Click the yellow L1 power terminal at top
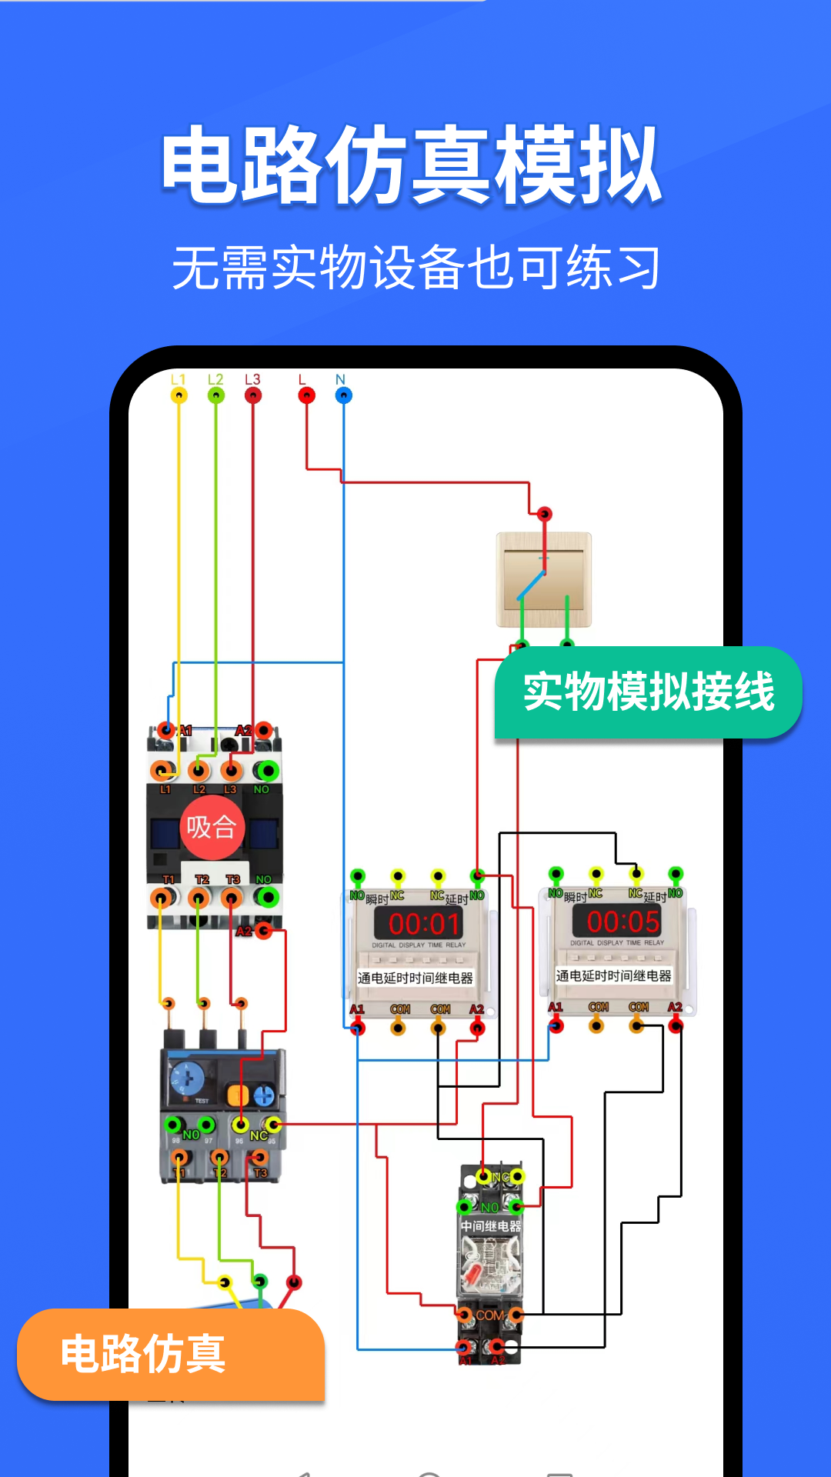179,395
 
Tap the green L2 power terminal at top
216,395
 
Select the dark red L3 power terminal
253,395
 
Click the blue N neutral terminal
343,395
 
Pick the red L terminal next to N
306,395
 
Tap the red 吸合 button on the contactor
212,828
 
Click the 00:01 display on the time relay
424,924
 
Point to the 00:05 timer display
622,922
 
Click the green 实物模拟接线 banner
648,692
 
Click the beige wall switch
544,579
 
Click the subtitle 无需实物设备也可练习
415,268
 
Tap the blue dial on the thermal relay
186,1079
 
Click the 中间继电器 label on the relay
491,1226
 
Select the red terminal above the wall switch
545,514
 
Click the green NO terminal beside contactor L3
267,771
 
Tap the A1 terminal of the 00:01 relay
358,1028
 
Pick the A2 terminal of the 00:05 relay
676,1025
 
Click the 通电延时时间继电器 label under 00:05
614,976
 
